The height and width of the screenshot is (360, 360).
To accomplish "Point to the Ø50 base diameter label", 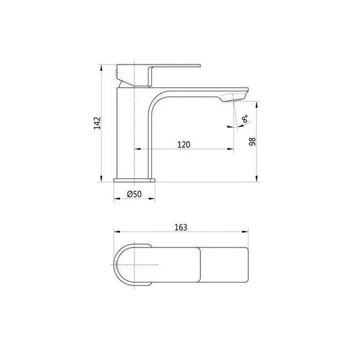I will point(135,195).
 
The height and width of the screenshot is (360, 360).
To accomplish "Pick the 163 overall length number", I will point(180,227).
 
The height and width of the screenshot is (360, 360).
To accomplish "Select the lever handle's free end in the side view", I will point(200,66).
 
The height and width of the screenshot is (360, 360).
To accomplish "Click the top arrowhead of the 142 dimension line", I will point(102,66).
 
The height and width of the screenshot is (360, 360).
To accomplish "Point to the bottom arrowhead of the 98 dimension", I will point(256,178).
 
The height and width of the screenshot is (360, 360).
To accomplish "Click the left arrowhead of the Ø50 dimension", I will point(115,200).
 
